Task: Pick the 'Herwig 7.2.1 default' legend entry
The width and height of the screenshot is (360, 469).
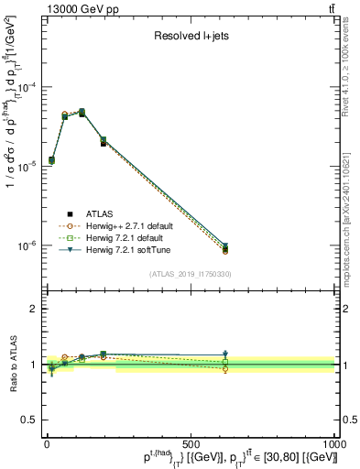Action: [x=129, y=237]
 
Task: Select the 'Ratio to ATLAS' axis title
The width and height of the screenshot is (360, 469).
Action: [x=12, y=364]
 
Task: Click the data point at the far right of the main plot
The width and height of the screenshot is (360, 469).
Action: [x=225, y=247]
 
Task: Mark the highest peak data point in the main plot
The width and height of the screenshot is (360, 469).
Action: [x=82, y=113]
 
